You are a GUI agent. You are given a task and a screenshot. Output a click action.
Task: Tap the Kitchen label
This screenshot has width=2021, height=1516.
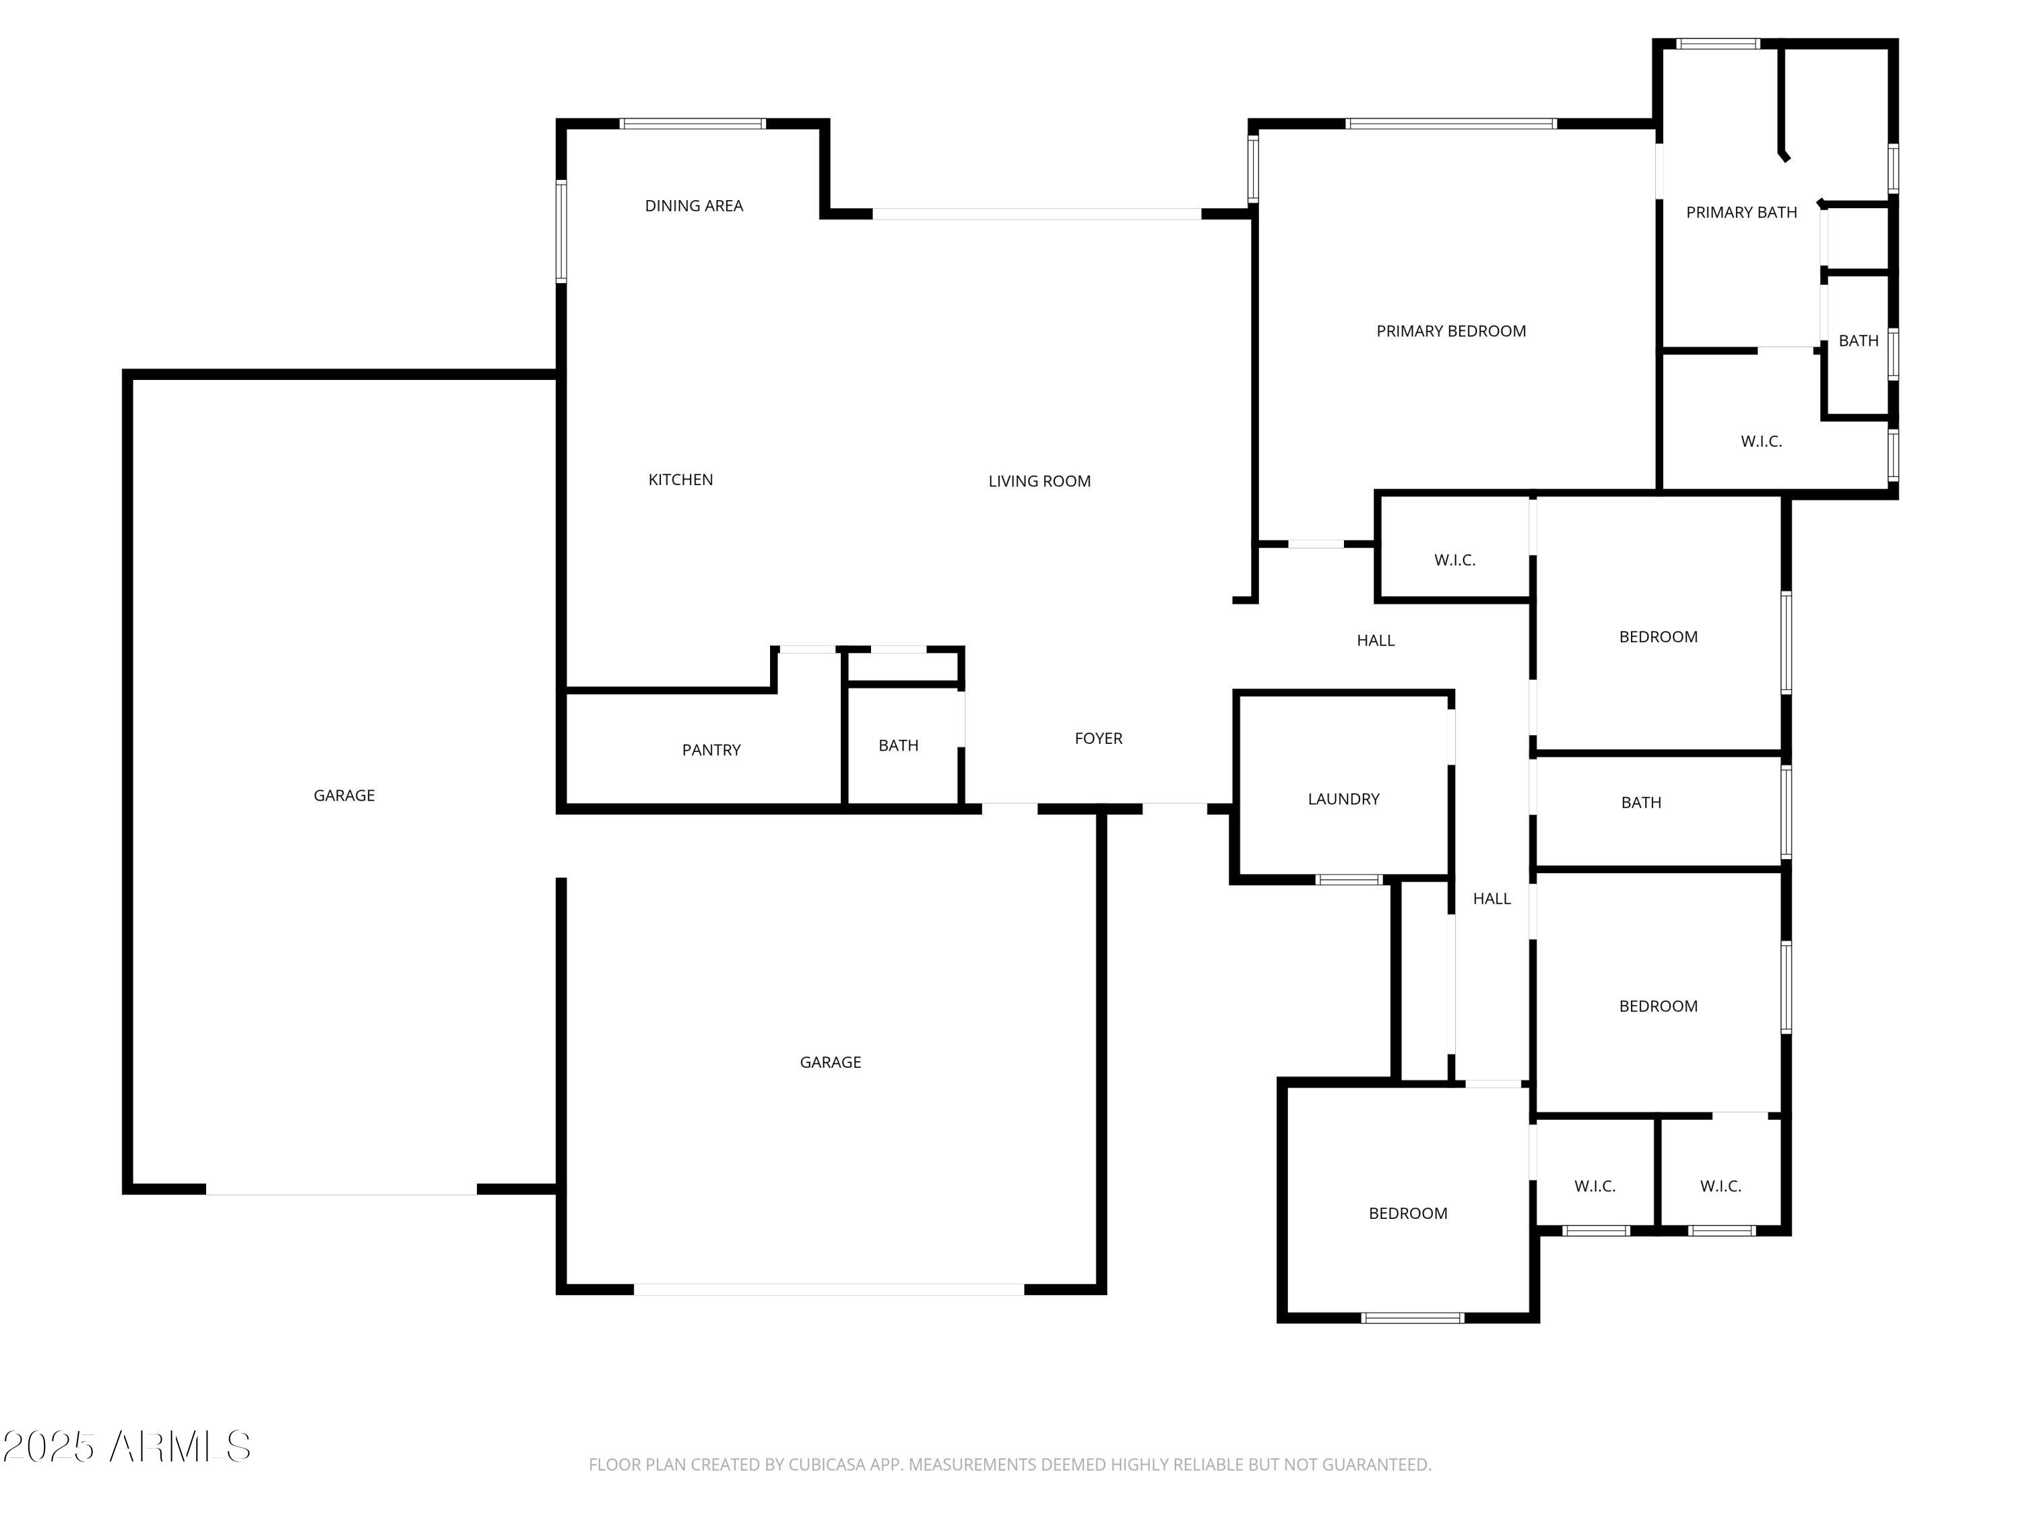coord(680,480)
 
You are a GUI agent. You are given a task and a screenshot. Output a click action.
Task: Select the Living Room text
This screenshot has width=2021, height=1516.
coord(1039,482)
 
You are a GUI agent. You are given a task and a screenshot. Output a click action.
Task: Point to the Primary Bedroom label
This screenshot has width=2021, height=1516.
coord(1451,331)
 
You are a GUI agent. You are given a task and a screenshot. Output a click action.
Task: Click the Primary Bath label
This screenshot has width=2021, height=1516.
coord(1741,213)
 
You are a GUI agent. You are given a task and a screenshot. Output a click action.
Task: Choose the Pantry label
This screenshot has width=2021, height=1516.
coord(711,750)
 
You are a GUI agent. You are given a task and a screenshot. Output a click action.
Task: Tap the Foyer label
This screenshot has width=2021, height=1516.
coord(1098,738)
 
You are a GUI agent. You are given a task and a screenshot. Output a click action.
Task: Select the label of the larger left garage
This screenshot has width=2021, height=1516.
coord(344,796)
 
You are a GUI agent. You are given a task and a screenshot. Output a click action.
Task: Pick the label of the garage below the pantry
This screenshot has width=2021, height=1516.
coord(829,1063)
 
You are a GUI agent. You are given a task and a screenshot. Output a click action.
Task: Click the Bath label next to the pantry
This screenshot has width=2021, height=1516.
coord(898,746)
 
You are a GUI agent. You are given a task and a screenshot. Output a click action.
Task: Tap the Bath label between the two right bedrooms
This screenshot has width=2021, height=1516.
coord(1641,803)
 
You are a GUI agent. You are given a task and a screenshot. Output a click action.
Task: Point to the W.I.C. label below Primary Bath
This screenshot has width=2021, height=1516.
coord(1760,442)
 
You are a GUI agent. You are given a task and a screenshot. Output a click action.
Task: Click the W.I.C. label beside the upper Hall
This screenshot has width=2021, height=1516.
coord(1454,560)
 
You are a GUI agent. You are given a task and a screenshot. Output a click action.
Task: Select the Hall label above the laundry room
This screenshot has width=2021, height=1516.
coord(1375,641)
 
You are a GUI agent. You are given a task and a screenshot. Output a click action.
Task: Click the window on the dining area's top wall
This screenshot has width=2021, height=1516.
coord(693,124)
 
